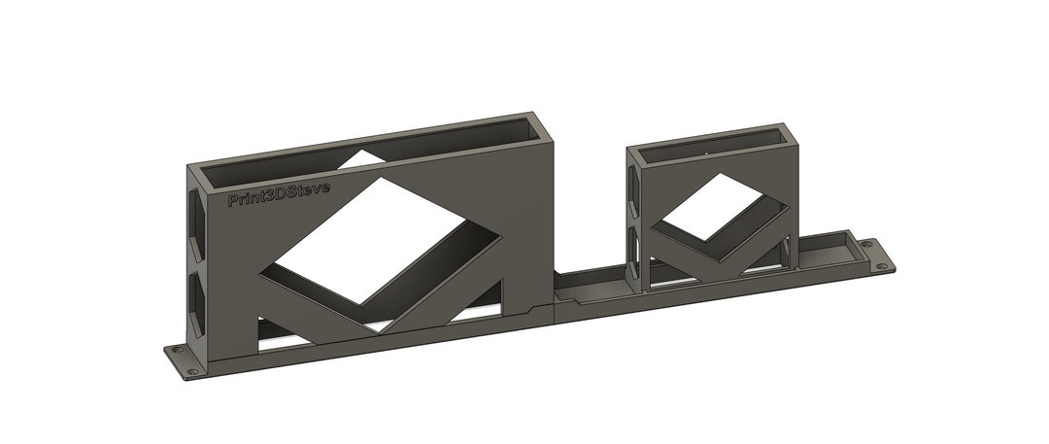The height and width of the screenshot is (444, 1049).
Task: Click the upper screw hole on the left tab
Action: tap(177, 350)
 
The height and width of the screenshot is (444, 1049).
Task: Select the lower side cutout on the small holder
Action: tap(636, 255)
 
